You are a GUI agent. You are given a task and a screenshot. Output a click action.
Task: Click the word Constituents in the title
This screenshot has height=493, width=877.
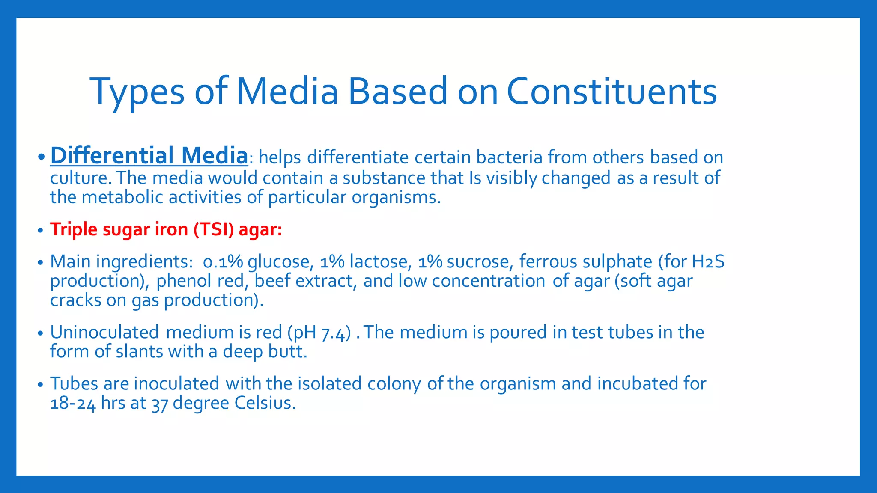click(612, 92)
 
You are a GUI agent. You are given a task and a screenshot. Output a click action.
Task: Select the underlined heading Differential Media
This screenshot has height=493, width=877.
click(149, 156)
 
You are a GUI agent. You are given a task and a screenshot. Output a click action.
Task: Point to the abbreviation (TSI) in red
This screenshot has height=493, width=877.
click(213, 229)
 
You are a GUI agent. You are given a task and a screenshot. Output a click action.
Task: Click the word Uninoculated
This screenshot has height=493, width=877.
click(104, 333)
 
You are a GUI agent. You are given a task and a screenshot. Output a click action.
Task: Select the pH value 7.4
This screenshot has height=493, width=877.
click(333, 333)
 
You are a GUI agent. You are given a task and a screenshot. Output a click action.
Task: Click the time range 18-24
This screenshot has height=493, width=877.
click(73, 404)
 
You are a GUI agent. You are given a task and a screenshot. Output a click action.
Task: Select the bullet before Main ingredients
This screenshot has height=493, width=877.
click(40, 262)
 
